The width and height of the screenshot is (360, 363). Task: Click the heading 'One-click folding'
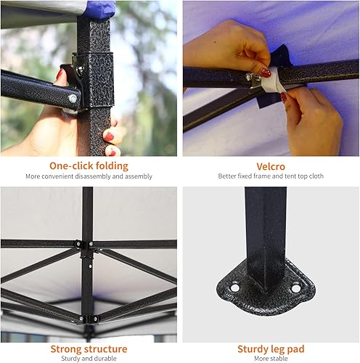click(89, 165)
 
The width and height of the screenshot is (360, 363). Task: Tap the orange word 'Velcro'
click(271, 165)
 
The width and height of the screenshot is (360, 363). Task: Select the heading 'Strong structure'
click(89, 348)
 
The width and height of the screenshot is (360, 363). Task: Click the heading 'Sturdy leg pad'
click(271, 348)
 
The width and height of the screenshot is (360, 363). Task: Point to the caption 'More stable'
click(271, 358)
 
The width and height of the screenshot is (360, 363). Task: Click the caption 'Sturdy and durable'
click(89, 358)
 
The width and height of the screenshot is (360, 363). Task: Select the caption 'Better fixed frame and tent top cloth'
click(271, 176)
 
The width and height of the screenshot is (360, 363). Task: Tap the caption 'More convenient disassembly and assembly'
click(89, 176)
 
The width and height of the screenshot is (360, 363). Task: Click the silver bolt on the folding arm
click(72, 98)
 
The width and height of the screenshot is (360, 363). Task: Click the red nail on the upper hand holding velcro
click(266, 72)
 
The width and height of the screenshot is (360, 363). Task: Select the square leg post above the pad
click(263, 225)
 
